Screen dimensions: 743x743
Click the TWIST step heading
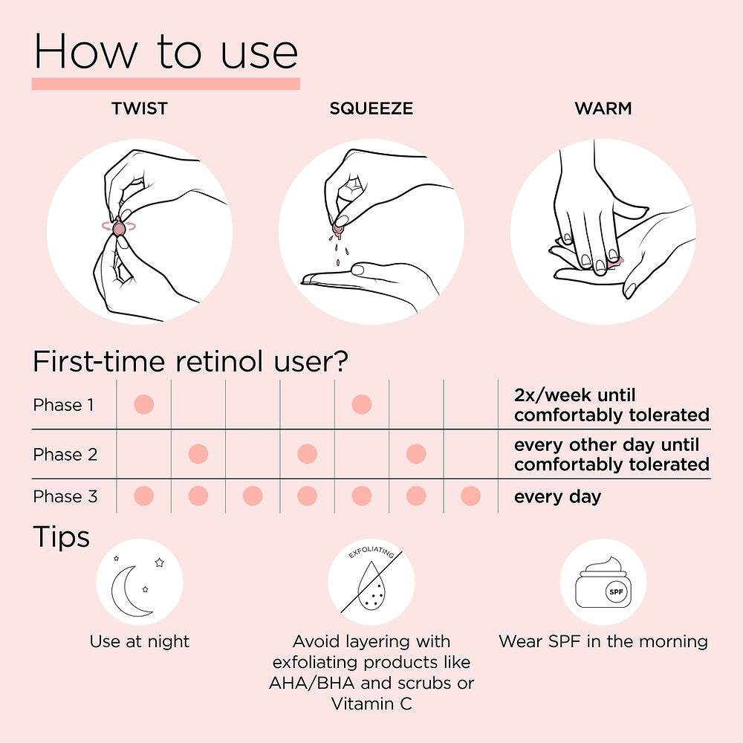[x=140, y=108]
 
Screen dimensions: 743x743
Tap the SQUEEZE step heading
[x=371, y=108]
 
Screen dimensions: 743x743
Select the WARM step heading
[x=603, y=108]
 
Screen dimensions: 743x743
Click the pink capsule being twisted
[x=118, y=228]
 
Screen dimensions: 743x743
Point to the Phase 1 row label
[x=63, y=405]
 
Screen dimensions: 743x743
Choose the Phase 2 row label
[x=65, y=455]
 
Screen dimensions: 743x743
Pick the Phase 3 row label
[x=65, y=496]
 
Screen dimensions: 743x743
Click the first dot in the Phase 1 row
[x=144, y=405]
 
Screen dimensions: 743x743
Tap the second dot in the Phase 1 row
[x=362, y=405]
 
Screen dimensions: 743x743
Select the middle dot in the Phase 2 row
[x=307, y=454]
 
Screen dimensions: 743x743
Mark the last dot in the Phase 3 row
[x=470, y=496]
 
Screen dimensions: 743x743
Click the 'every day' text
[x=557, y=497]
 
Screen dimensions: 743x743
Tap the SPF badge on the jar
[x=616, y=592]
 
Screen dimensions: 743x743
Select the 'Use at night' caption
[x=140, y=642]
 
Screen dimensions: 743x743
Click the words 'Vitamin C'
[x=371, y=704]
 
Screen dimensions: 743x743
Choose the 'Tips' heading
[x=61, y=538]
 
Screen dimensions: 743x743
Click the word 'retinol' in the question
[x=219, y=362]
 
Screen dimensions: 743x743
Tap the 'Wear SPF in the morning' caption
[x=603, y=642]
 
